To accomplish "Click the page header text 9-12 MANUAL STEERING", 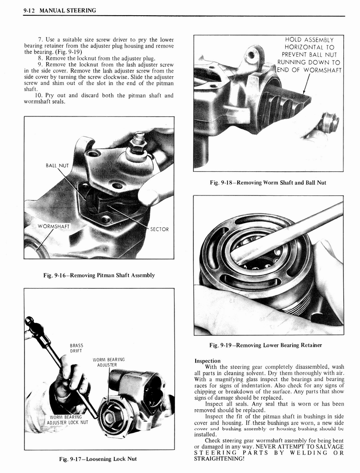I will (x=60, y=11).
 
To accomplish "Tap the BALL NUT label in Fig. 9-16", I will (x=57, y=165).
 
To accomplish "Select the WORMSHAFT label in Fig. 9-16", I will (x=54, y=226).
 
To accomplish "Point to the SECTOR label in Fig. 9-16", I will (x=160, y=229).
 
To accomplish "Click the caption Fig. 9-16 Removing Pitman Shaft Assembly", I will (x=99, y=275).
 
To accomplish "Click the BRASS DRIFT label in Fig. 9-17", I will (x=76, y=348).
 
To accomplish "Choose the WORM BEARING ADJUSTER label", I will (x=108, y=362).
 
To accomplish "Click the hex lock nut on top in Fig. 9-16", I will (x=138, y=144).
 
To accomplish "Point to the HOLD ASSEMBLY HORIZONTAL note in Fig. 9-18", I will (x=309, y=55).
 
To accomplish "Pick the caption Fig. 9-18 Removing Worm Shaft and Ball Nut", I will (x=268, y=182).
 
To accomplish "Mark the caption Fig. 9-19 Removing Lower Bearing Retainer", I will (x=265, y=345).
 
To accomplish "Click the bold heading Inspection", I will (x=208, y=361).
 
